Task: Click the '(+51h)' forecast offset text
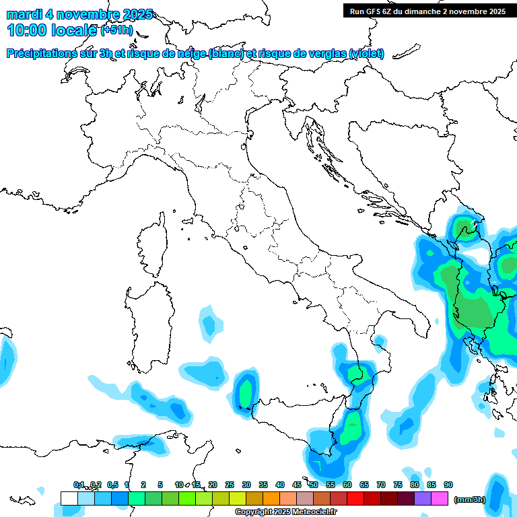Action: [117, 31]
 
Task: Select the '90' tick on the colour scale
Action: [448, 485]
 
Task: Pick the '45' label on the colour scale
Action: [297, 485]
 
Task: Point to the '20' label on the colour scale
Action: [213, 485]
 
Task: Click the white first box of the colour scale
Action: [69, 499]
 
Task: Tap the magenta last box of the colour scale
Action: [440, 499]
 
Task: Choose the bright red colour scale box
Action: [355, 499]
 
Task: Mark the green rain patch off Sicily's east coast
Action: [351, 427]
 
